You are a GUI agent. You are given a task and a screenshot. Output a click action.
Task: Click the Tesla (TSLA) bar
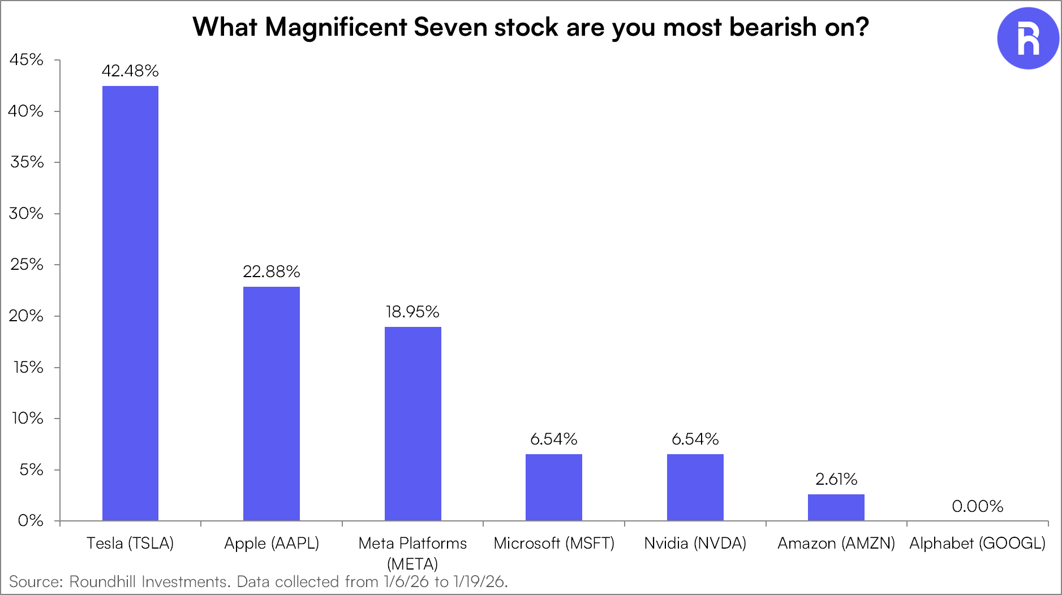point(130,303)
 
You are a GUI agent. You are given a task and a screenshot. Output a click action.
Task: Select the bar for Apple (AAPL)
point(272,403)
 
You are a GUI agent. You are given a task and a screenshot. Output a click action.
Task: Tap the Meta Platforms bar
point(413,423)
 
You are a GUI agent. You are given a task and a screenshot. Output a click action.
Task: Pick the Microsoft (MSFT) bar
point(554,487)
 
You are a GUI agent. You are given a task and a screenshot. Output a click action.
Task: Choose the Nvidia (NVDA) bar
point(695,487)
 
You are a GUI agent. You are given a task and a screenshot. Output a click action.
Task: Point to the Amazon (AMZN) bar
point(836,507)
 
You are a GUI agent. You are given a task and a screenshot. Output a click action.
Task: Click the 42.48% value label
point(130,71)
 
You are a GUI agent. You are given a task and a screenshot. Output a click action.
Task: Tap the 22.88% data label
point(272,271)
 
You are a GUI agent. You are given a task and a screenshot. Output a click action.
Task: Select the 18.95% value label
point(412,312)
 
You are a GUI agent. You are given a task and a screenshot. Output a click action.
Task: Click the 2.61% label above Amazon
point(836,479)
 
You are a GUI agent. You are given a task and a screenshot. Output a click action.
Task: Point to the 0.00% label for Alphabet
point(977,506)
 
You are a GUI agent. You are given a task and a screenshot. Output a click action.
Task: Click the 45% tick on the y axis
point(26,59)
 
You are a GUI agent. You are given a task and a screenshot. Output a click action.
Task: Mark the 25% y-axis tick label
point(27,264)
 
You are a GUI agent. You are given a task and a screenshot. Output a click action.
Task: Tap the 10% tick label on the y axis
point(27,418)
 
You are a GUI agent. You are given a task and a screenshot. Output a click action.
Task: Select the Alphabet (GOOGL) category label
point(977,543)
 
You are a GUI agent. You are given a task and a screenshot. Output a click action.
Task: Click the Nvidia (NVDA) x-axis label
point(695,543)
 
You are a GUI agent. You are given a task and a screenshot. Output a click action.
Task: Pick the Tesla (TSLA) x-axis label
point(130,543)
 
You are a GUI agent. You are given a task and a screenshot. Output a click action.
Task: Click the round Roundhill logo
point(1027,38)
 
